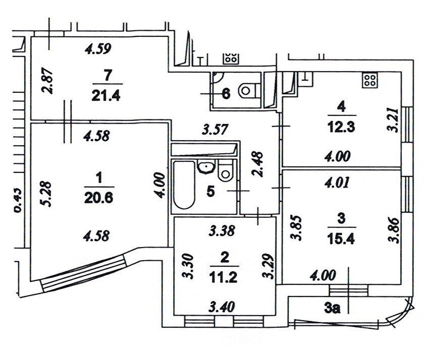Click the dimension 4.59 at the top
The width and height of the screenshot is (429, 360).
pos(98,49)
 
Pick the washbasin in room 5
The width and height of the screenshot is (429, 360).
pos(205,167)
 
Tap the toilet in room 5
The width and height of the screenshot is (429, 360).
pos(225,171)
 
